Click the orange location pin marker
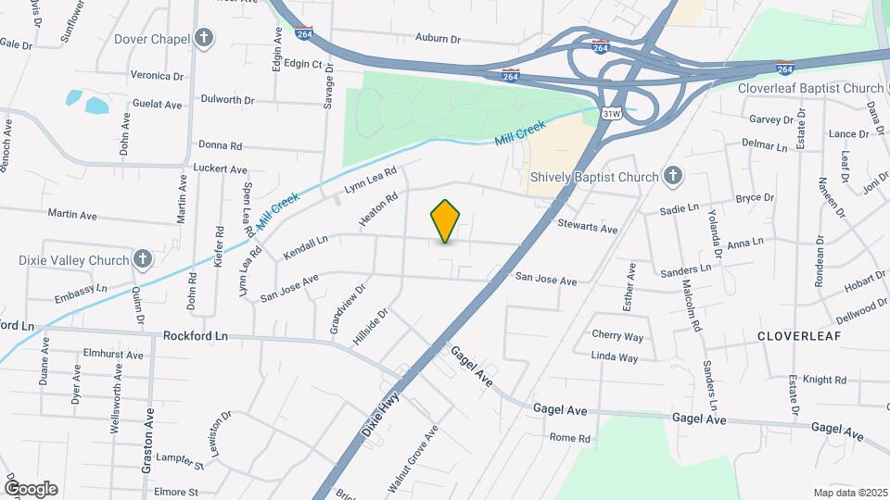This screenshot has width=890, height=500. (x=445, y=221)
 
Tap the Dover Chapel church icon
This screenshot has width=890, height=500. (x=204, y=39)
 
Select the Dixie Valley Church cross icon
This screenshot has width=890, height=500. (x=142, y=259)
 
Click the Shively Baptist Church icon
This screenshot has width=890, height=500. (x=673, y=176)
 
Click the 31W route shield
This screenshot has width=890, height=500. (x=610, y=114)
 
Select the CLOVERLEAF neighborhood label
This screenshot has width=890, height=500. (x=800, y=336)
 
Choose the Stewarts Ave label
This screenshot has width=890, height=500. (x=587, y=227)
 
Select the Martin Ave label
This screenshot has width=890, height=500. (x=73, y=215)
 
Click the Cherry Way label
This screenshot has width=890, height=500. (x=617, y=336)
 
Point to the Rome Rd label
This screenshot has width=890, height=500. (x=569, y=437)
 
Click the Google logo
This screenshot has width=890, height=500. (x=31, y=489)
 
